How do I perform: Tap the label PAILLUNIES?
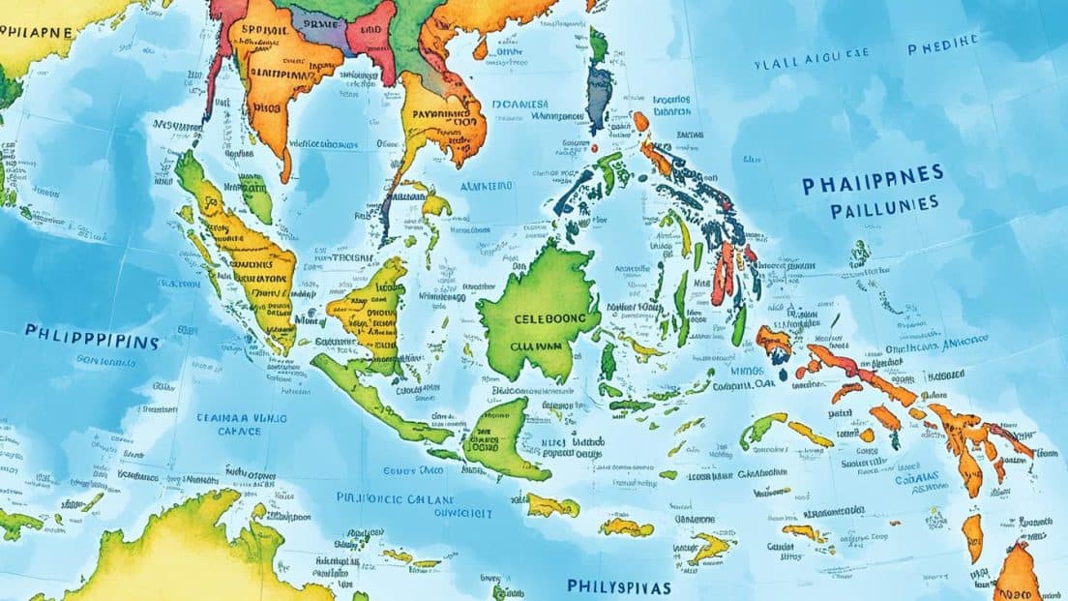[870, 204]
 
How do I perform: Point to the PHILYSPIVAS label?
[619, 587]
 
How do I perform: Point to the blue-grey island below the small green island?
[600, 92]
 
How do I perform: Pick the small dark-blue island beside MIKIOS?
[780, 372]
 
